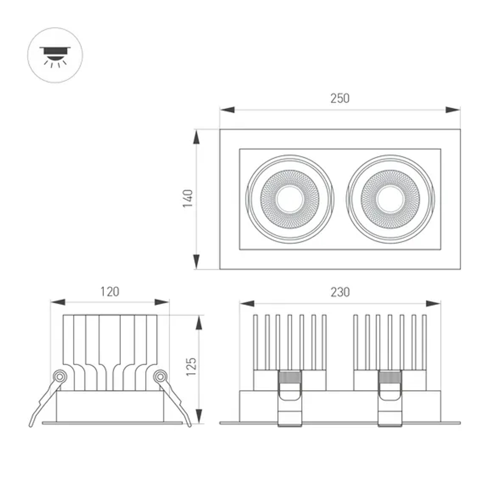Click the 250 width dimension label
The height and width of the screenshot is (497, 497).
pos(340,98)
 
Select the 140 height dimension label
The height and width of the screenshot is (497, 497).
pos(188,198)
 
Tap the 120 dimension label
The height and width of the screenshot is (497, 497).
pos(110,291)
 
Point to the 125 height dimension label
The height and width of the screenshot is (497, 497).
pos(192,366)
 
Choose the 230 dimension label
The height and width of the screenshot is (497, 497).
pos(340,292)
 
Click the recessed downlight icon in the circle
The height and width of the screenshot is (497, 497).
pos(55,55)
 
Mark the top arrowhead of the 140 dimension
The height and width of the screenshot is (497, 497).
pos(197,137)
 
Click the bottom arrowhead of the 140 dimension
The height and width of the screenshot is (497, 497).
pos(197,261)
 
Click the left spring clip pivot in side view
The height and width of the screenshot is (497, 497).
pos(60,376)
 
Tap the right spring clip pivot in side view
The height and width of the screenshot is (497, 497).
pos(160,376)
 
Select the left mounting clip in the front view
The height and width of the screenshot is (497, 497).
pos(290,398)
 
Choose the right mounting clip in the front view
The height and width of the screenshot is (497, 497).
pos(390,398)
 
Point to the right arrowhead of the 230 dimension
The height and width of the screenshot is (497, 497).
pos(433,303)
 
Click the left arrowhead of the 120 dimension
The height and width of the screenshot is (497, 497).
pos(58,302)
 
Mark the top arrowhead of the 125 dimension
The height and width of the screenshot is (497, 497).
pos(199,323)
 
